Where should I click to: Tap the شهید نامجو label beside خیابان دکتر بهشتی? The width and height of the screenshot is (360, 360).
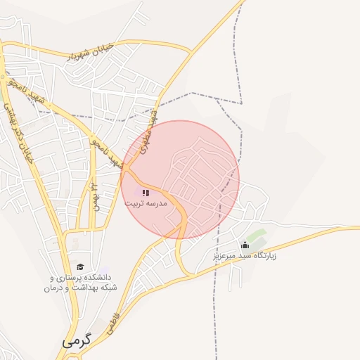pyautogui.click(x=27, y=94)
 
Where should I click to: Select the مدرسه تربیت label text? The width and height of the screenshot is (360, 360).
pyautogui.click(x=146, y=203)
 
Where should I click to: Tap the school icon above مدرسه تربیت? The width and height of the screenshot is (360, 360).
pyautogui.click(x=146, y=192)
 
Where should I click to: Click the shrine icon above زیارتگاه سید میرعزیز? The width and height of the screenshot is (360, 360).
pyautogui.click(x=245, y=245)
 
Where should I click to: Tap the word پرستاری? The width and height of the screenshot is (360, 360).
pyautogui.click(x=69, y=278)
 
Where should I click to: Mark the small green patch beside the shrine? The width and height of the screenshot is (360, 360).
pyautogui.click(x=257, y=234)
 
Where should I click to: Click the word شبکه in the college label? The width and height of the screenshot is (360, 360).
pyautogui.click(x=108, y=288)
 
